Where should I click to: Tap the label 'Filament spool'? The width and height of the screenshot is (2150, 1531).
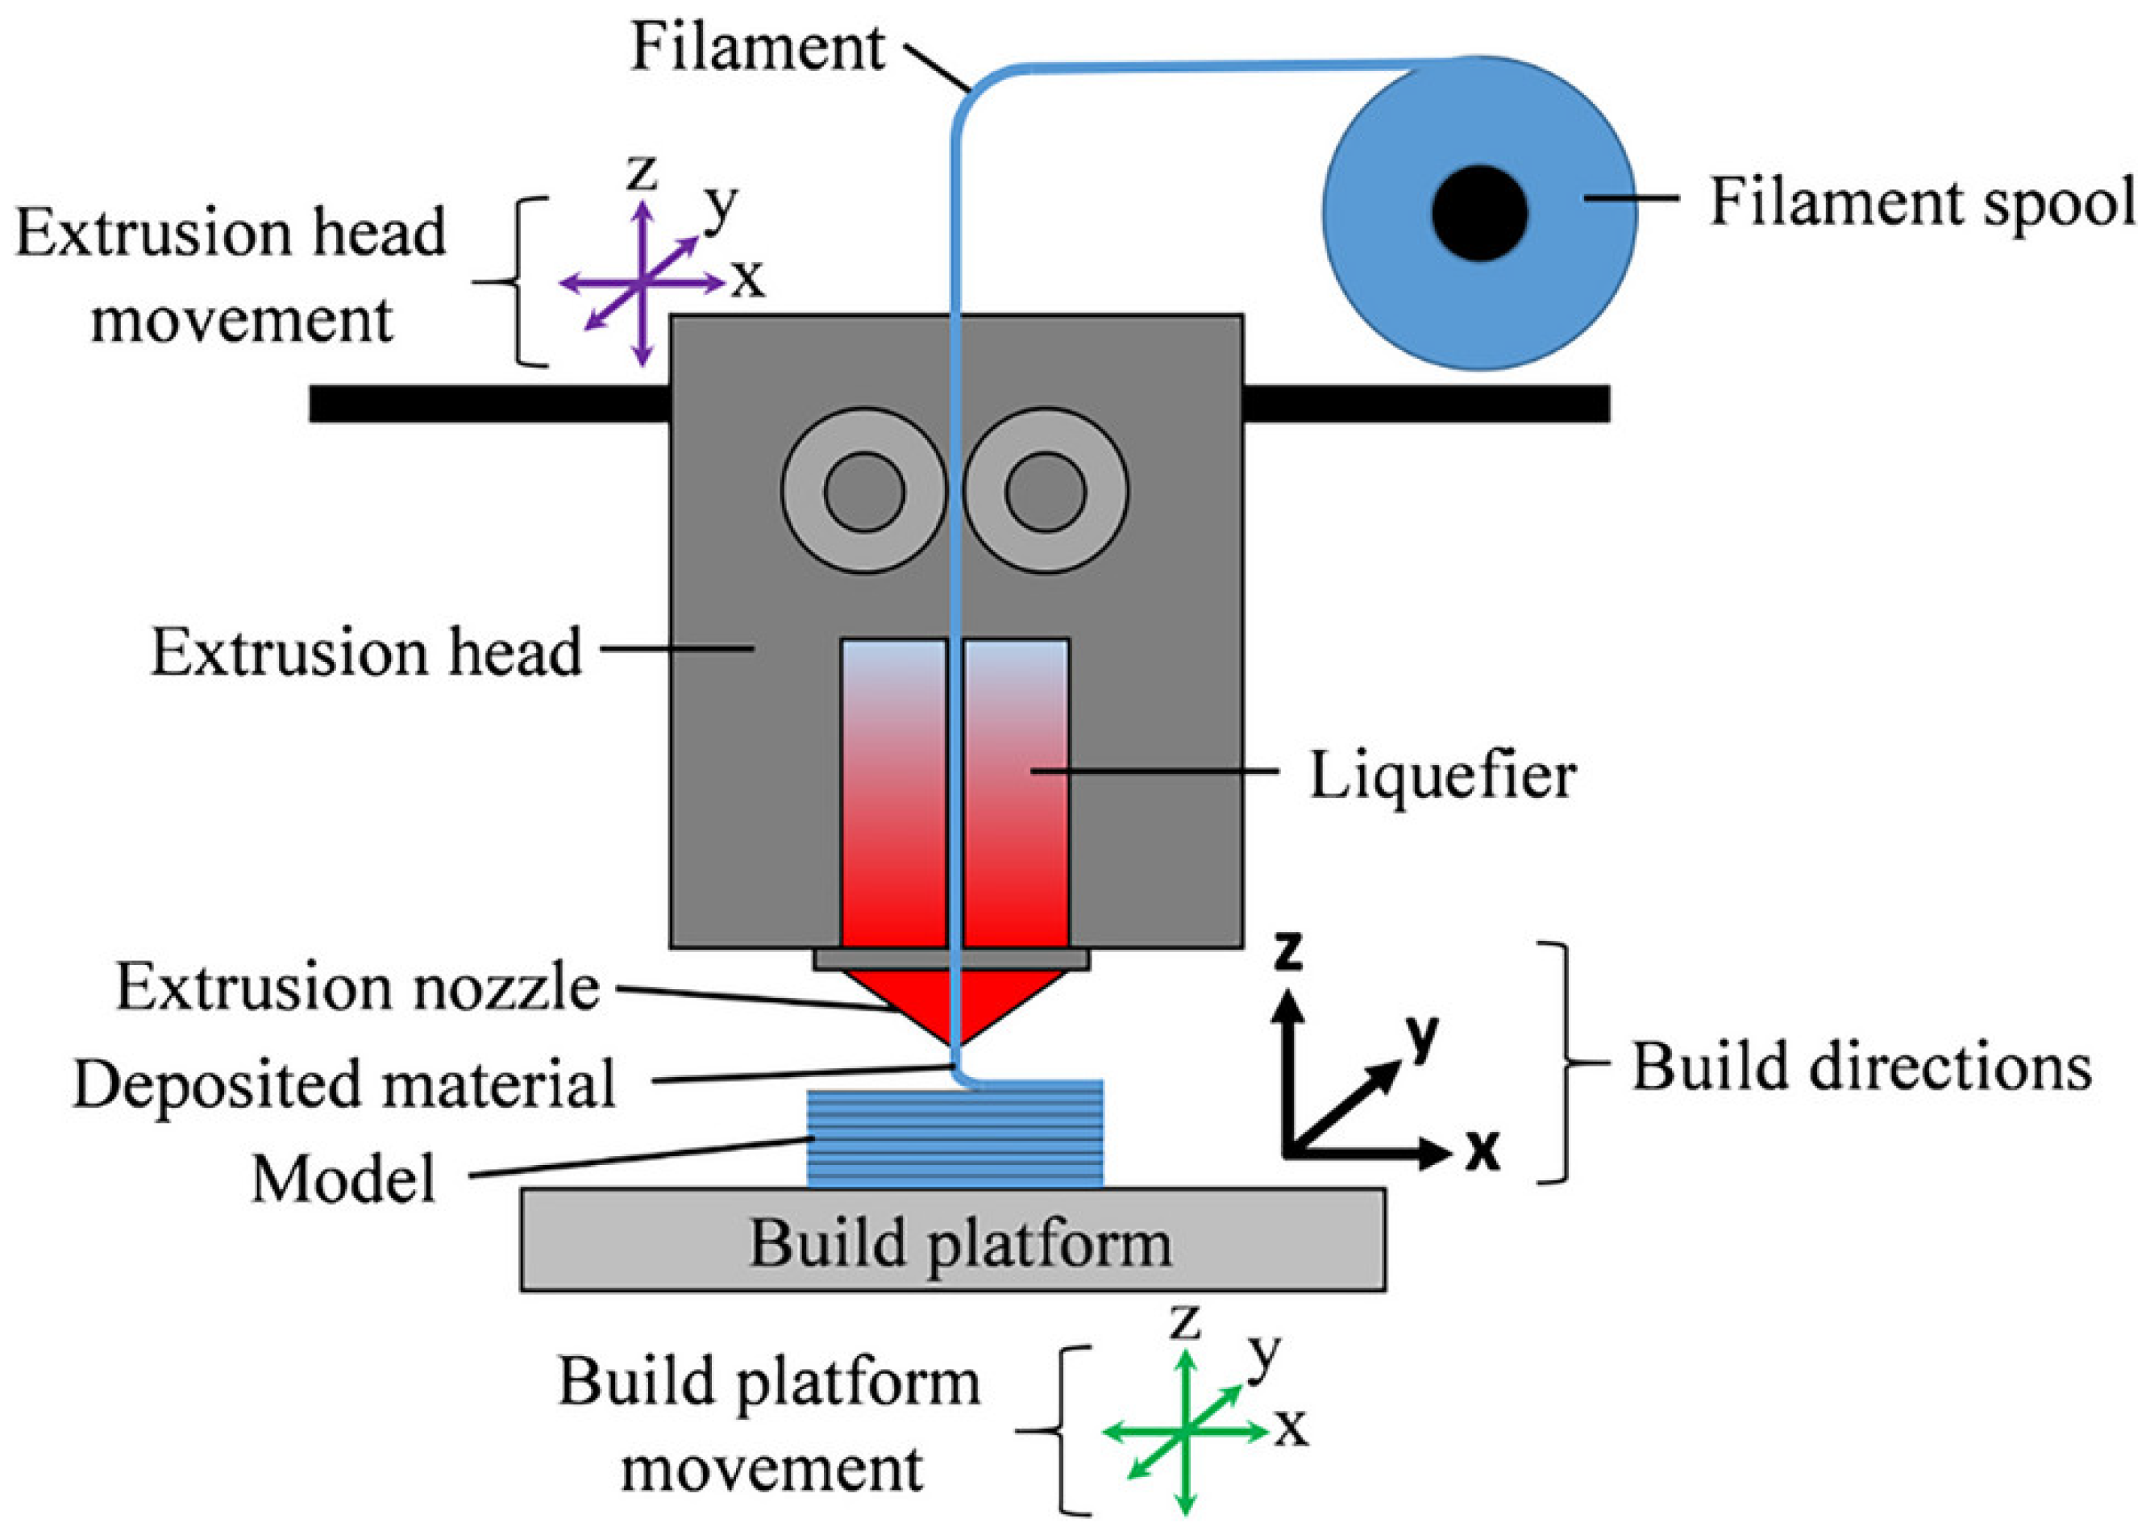pyautogui.click(x=1922, y=202)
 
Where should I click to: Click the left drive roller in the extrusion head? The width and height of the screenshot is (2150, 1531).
pyautogui.click(x=863, y=490)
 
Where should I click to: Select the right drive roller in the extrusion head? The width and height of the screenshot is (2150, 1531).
pyautogui.click(x=1046, y=490)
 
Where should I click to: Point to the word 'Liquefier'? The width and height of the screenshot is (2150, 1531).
pyautogui.click(x=1442, y=777)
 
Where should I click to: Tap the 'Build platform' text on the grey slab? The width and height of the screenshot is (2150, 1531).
pyautogui.click(x=959, y=1243)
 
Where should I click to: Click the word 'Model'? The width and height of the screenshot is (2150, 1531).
pyautogui.click(x=344, y=1179)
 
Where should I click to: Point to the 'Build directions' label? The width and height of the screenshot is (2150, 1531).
pyautogui.click(x=1861, y=1068)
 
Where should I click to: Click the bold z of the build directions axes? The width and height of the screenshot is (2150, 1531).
pyautogui.click(x=1287, y=952)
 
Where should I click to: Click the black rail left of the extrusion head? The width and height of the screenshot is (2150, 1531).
pyautogui.click(x=489, y=403)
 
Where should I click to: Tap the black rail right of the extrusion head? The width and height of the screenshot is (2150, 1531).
pyautogui.click(x=1425, y=403)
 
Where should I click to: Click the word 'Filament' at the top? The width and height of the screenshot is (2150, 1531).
pyautogui.click(x=758, y=46)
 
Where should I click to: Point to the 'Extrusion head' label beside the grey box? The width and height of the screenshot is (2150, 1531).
pyautogui.click(x=367, y=652)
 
